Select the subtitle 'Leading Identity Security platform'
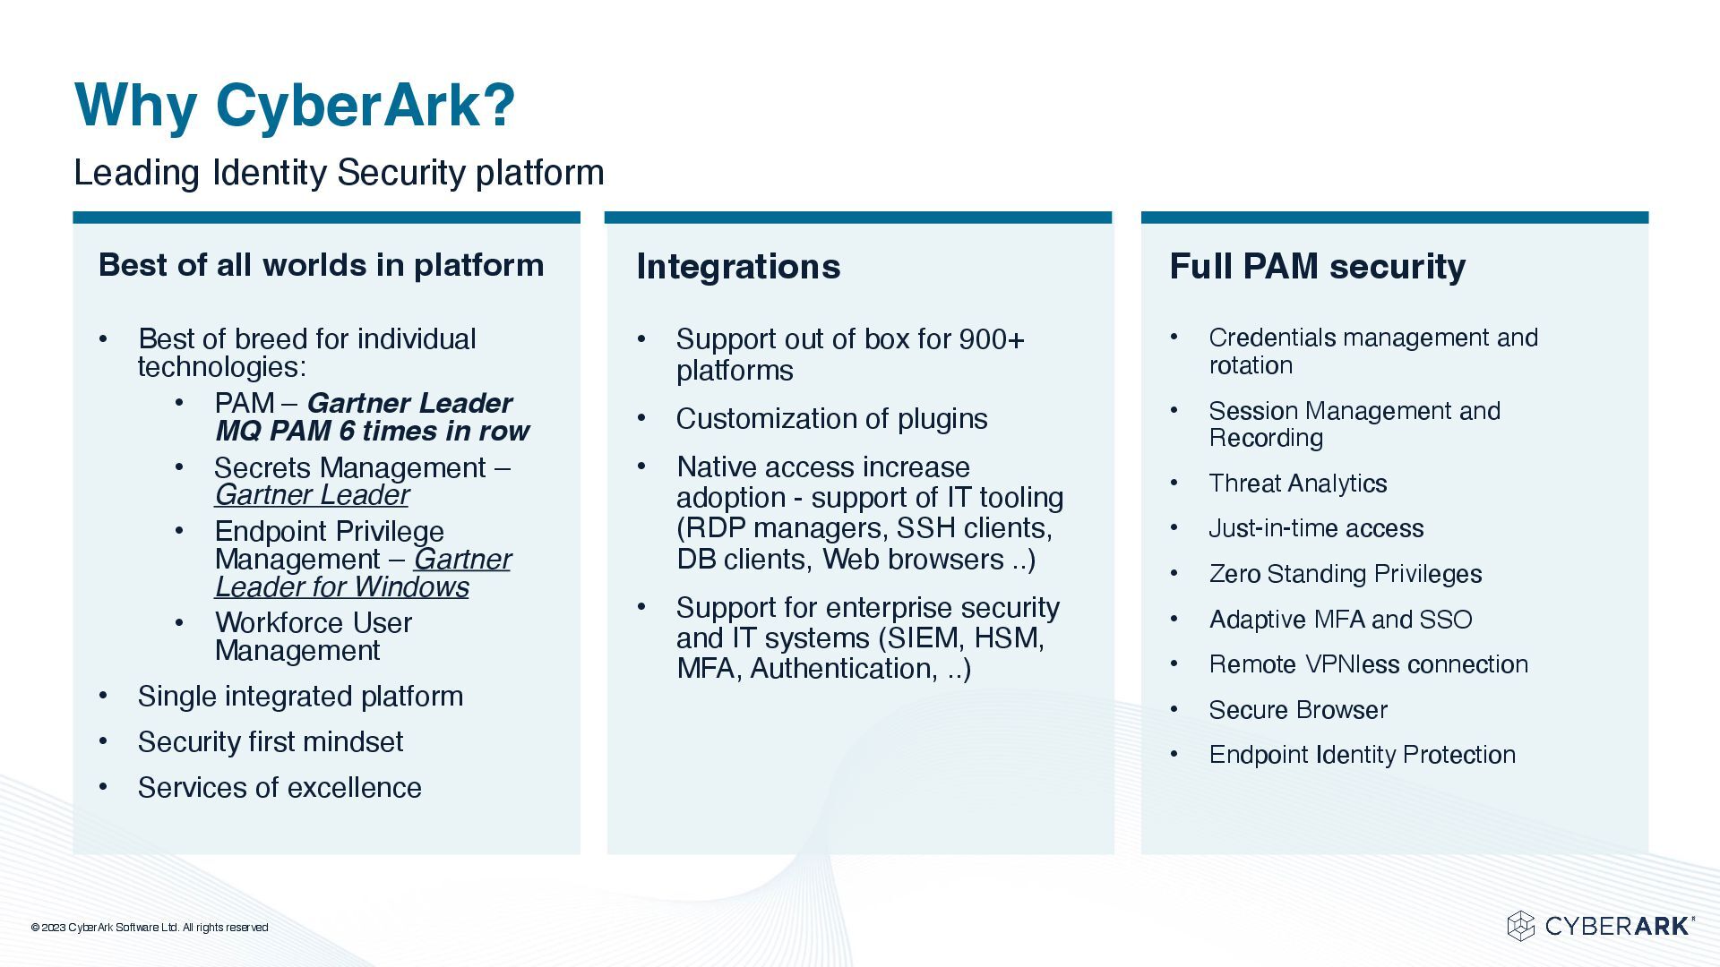(x=339, y=173)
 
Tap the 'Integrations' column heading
(x=738, y=267)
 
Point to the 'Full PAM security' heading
(x=1317, y=267)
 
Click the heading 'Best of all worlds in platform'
(x=321, y=265)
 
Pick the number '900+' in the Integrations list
(x=991, y=339)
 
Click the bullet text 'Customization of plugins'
(x=831, y=419)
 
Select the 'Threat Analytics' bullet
(x=1297, y=483)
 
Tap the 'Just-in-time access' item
(x=1315, y=528)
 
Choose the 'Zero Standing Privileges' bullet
(x=1345, y=574)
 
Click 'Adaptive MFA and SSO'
(x=1340, y=620)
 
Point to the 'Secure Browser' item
(x=1297, y=710)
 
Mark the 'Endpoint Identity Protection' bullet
(x=1362, y=755)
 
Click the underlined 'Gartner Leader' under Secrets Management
(x=312, y=495)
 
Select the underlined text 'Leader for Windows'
(x=341, y=587)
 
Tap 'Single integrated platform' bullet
(x=300, y=697)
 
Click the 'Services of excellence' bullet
(x=279, y=788)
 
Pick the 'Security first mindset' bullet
(x=270, y=742)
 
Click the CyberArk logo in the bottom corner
(x=1600, y=926)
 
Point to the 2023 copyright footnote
(x=150, y=928)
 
